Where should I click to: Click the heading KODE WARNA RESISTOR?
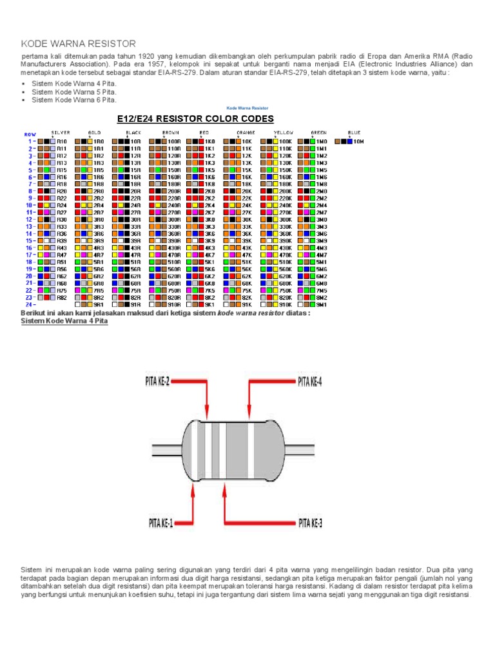pos(79,44)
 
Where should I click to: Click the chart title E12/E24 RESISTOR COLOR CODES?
pos(195,119)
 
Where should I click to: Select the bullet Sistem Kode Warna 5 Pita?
pos(74,92)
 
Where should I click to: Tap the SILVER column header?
pos(61,132)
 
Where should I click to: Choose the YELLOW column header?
pos(284,132)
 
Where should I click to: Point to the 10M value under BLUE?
pos(359,141)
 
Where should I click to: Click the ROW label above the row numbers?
pos(30,134)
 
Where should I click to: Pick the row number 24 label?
pos(29,304)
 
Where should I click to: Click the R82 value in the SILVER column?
pos(62,297)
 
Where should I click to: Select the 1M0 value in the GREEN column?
pos(322,141)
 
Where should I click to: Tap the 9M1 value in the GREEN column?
pos(322,304)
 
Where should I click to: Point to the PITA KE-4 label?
pos(310,382)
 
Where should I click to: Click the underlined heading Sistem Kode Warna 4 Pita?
pos(60,321)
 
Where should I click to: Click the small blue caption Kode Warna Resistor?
pos(247,108)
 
